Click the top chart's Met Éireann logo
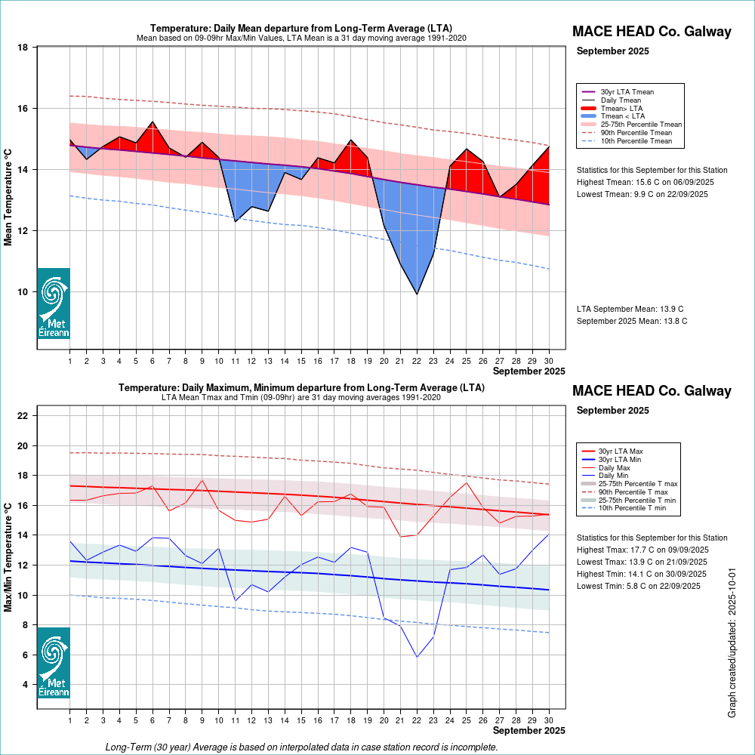(54, 304)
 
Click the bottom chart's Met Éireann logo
(54, 663)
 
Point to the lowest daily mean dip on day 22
(417, 294)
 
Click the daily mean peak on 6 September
(153, 122)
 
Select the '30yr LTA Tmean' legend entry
(627, 91)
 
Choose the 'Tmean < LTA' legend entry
(623, 116)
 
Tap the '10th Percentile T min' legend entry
(632, 509)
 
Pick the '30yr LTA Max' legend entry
(621, 451)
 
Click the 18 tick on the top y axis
(23, 48)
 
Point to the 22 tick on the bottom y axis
(23, 416)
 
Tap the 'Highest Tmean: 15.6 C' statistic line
(645, 182)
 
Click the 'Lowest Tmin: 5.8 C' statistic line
(641, 586)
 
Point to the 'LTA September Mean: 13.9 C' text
(630, 309)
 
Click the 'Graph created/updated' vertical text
(732, 644)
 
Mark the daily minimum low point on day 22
(417, 657)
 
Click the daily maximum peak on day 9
(202, 480)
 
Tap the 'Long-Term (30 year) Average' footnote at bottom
(302, 747)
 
